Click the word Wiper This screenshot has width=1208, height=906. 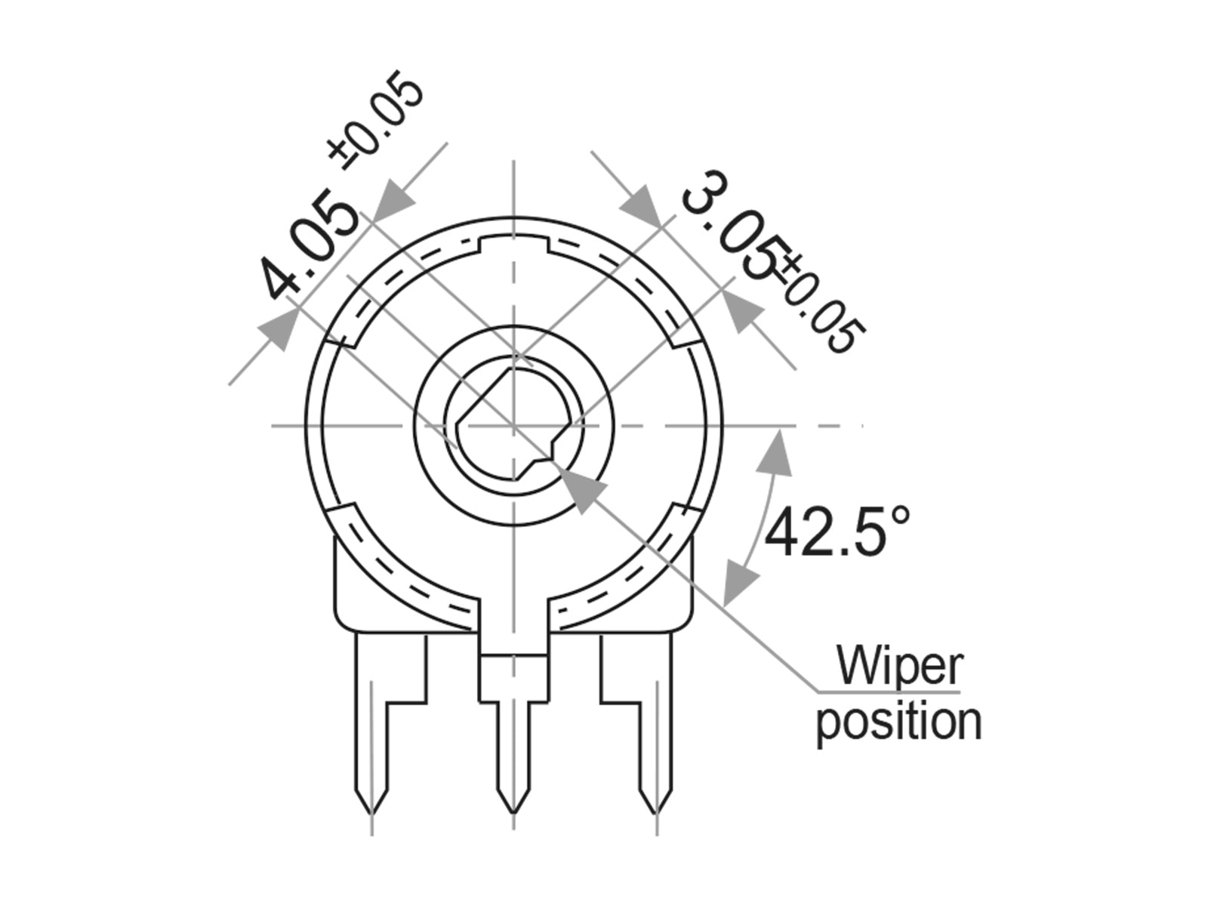(x=898, y=666)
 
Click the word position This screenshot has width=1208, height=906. (x=898, y=722)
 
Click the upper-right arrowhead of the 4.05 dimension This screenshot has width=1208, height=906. (x=394, y=202)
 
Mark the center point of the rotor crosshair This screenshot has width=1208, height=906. (x=513, y=426)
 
